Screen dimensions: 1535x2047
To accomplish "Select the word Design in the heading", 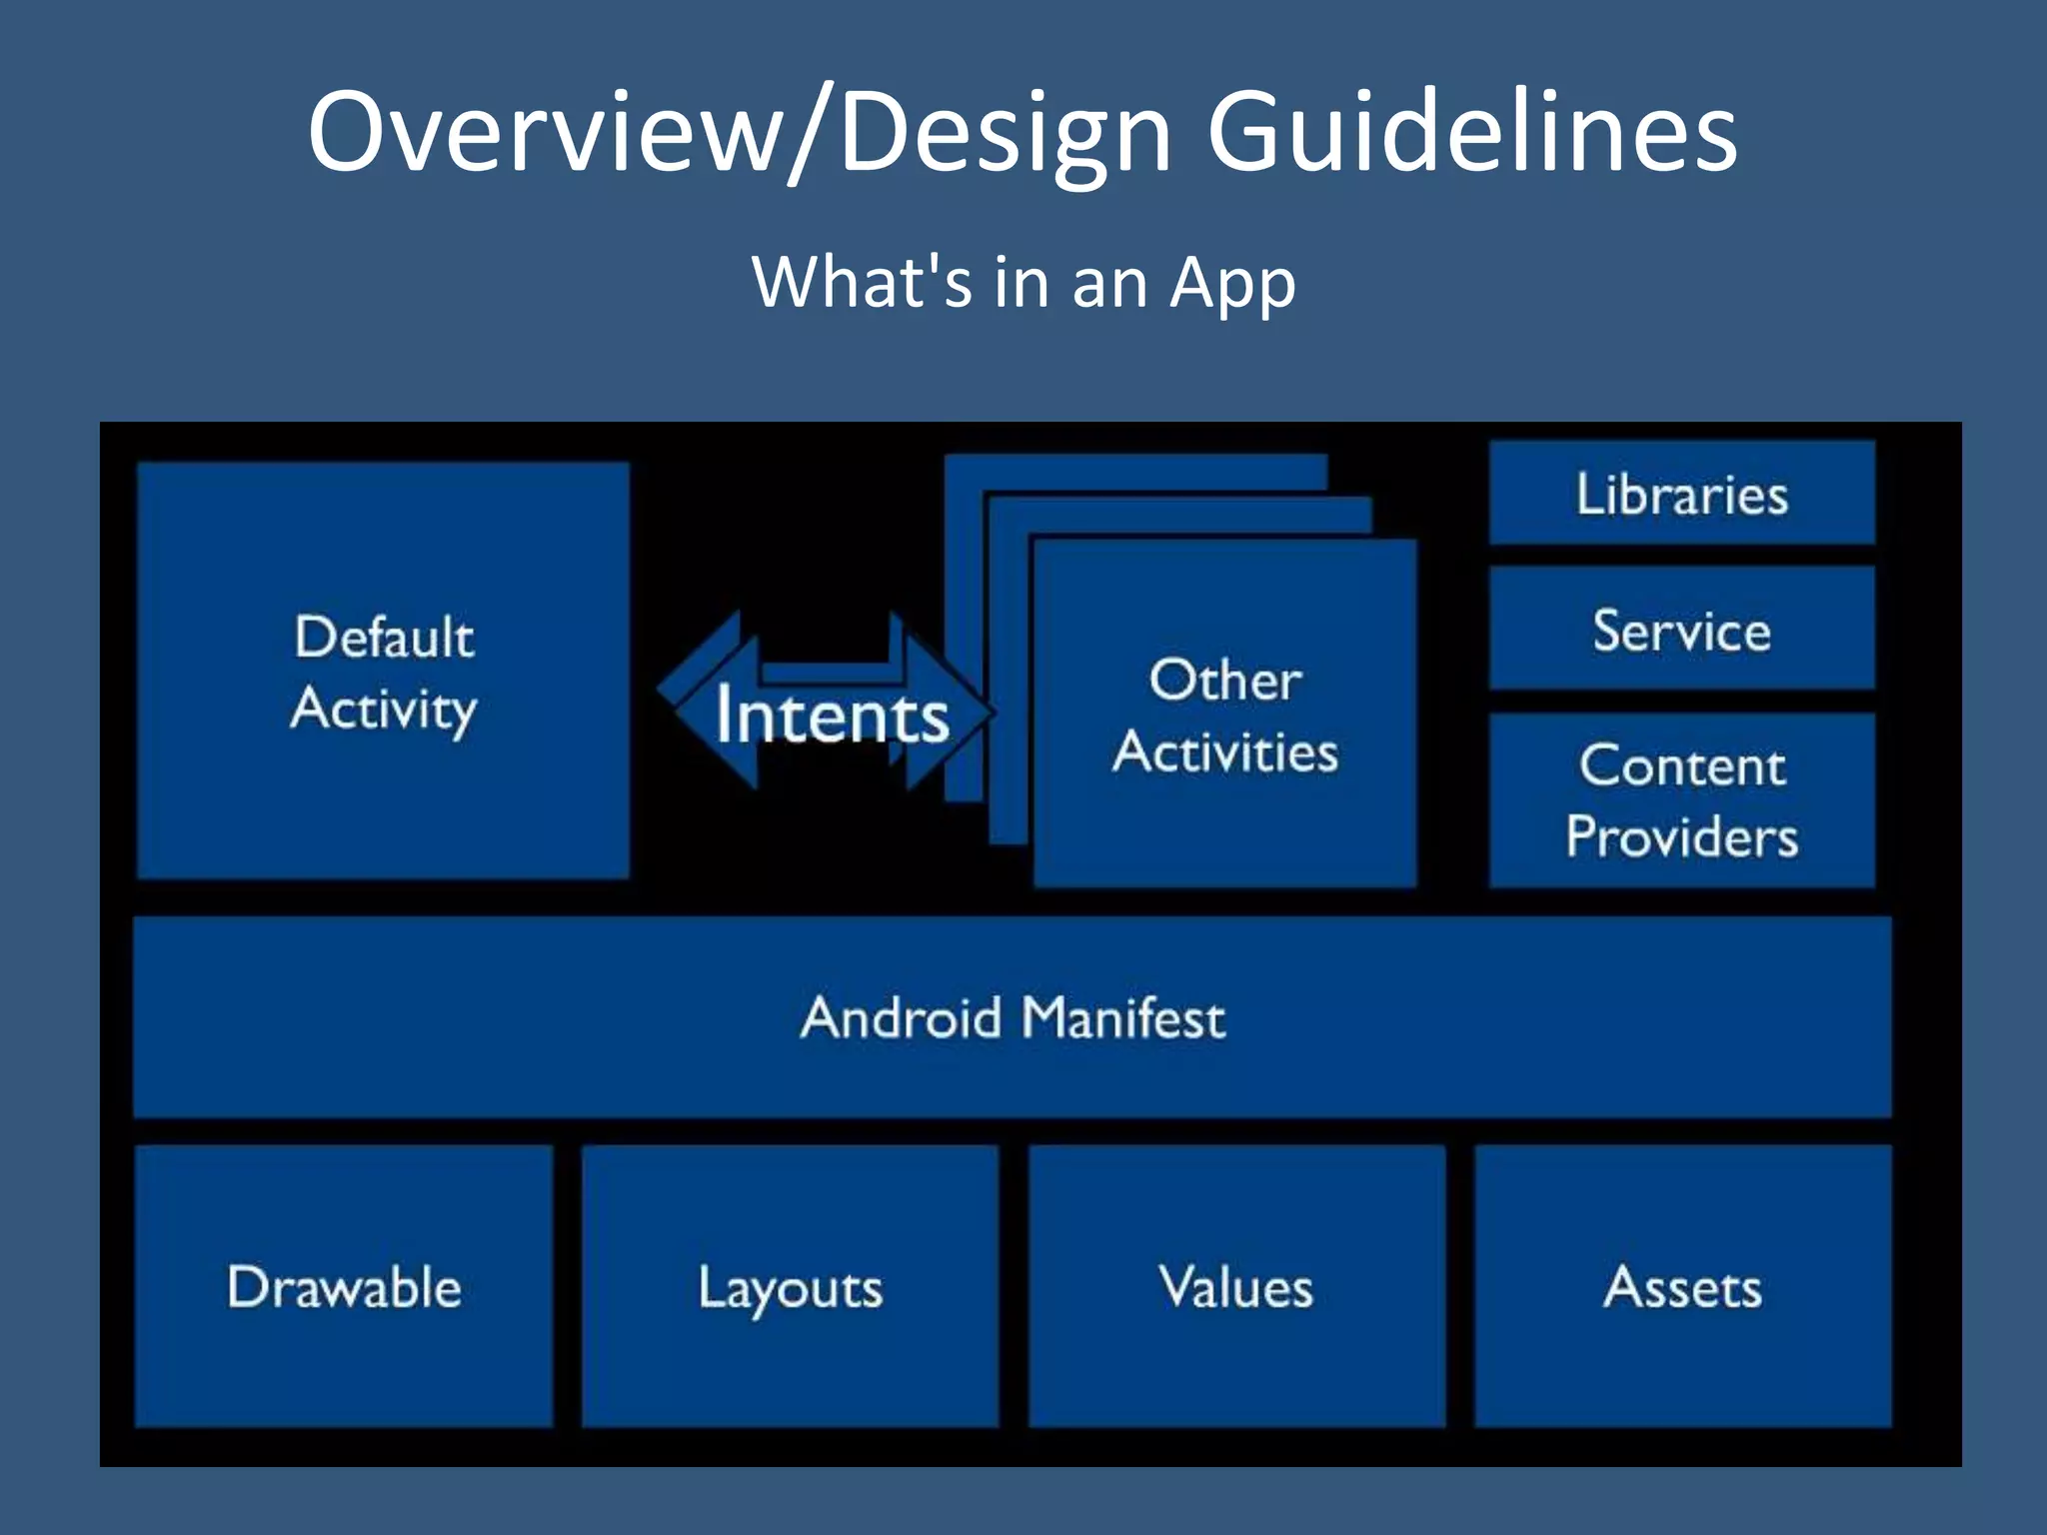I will [x=1005, y=135].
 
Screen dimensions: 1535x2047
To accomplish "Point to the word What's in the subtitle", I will [x=862, y=282].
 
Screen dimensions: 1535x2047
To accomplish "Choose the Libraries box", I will [x=1681, y=494].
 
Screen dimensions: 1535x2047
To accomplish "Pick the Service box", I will [x=1681, y=630].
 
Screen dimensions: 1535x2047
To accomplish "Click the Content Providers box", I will [x=1681, y=800].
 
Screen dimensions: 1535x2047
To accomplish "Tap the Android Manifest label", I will [x=1012, y=1018].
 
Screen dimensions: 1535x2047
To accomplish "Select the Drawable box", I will [x=344, y=1287].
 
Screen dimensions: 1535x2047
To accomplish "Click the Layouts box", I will [x=790, y=1287].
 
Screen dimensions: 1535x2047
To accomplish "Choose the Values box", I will [x=1235, y=1287].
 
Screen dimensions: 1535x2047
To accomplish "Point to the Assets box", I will [x=1682, y=1287].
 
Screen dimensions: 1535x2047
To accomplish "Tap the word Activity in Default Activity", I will [x=384, y=709].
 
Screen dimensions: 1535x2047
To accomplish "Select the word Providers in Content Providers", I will [x=1681, y=836].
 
